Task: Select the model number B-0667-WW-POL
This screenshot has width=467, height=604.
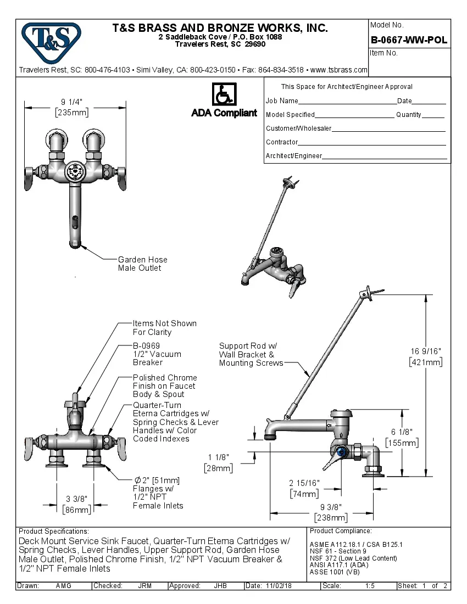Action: [x=409, y=40]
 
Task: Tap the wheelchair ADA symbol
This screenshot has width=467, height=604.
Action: [x=224, y=94]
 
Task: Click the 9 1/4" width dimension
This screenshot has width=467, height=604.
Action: [x=71, y=102]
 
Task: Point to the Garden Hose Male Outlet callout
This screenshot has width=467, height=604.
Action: [x=142, y=264]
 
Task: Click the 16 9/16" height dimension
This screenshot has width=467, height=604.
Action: [x=426, y=351]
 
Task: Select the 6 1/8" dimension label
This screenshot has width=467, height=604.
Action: [x=402, y=432]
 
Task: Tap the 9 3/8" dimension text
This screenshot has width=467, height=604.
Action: [x=330, y=507]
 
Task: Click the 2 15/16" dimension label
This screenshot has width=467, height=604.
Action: [x=304, y=483]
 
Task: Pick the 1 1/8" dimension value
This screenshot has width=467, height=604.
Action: [x=218, y=457]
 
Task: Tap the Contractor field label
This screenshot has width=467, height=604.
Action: [x=282, y=142]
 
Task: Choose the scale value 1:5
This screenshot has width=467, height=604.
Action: [x=370, y=586]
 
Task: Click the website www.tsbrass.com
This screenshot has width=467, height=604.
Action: [x=338, y=70]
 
